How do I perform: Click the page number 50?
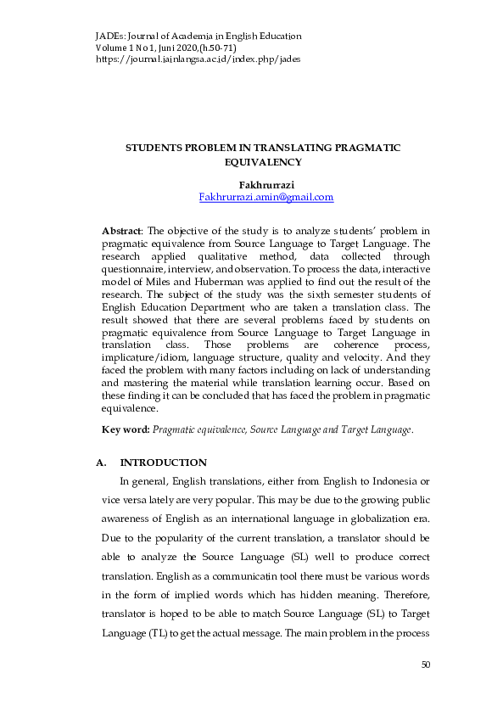427,687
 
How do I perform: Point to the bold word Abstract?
120,230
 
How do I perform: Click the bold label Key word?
125,430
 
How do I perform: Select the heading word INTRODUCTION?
164,463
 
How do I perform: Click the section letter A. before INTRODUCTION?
103,463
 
